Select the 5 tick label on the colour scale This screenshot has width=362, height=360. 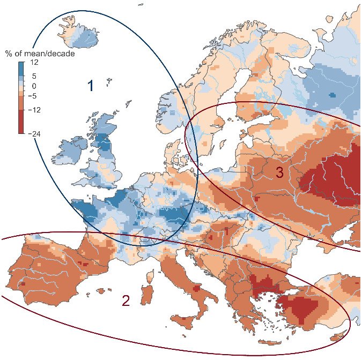[33, 76]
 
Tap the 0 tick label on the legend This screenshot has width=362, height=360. [33, 86]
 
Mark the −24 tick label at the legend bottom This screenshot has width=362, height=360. [33, 134]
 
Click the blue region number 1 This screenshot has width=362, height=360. [91, 86]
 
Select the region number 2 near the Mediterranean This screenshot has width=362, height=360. [125, 301]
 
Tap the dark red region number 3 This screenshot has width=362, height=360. [279, 172]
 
